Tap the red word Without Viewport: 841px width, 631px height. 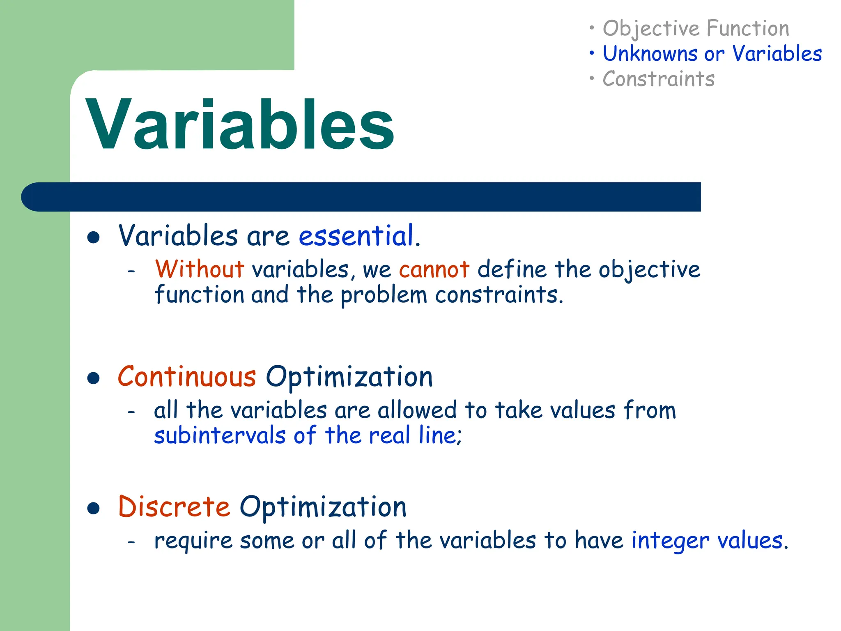(x=200, y=269)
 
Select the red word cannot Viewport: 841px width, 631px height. (x=434, y=270)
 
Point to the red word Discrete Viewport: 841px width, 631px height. (x=174, y=507)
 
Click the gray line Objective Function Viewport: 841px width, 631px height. (x=696, y=29)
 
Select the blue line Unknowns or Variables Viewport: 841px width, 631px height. (x=712, y=54)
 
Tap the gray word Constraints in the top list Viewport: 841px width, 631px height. (x=658, y=79)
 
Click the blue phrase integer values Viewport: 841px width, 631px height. (x=707, y=540)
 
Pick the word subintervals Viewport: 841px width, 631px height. (x=220, y=435)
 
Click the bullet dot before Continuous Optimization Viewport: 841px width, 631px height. (x=94, y=378)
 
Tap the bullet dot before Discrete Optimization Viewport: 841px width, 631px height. (x=94, y=509)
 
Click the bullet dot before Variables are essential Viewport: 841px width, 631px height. (x=94, y=237)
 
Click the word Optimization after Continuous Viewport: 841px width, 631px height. (x=349, y=377)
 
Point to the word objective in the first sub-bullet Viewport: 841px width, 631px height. (x=649, y=270)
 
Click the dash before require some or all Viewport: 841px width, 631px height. (x=131, y=542)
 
